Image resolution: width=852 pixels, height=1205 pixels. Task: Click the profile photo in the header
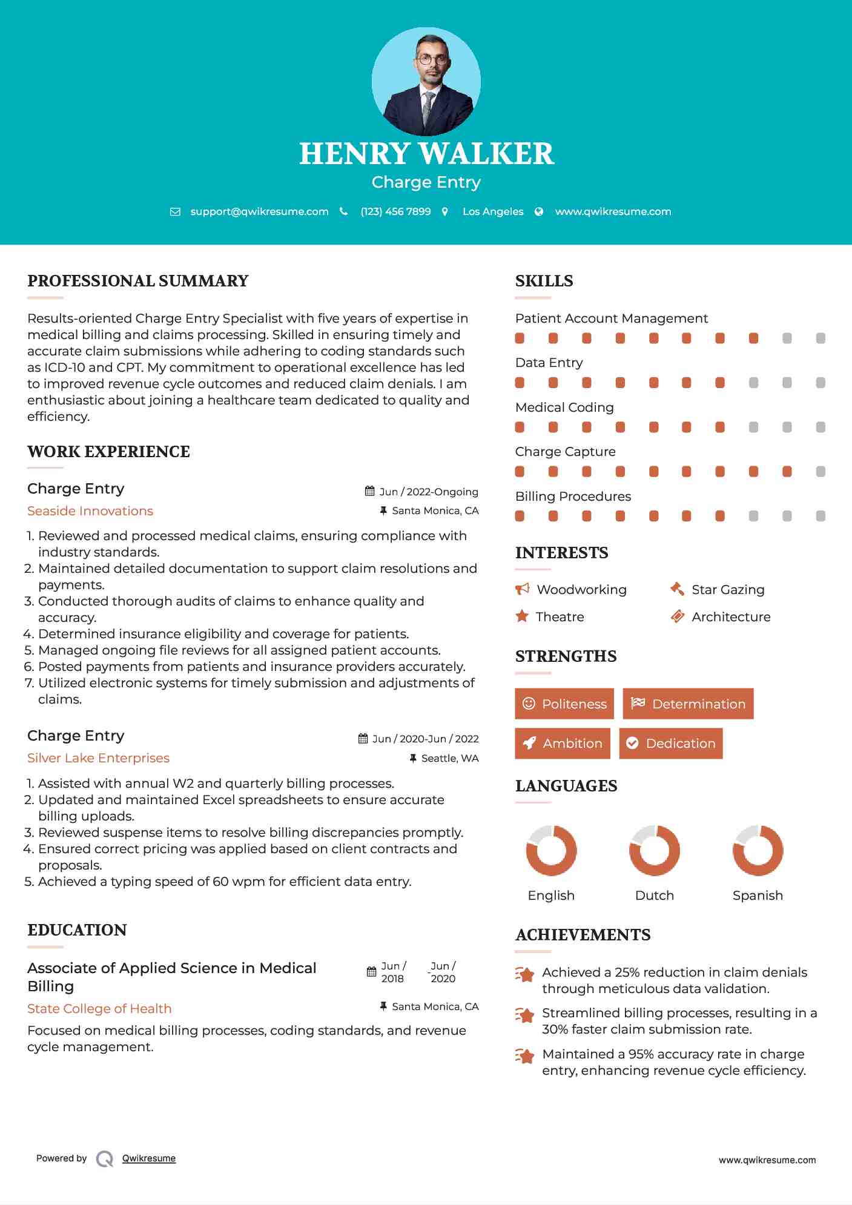point(426,81)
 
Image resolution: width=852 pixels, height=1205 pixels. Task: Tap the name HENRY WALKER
point(426,154)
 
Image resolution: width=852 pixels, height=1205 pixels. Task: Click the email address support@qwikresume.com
point(259,211)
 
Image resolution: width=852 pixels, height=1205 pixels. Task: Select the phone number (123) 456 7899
point(395,211)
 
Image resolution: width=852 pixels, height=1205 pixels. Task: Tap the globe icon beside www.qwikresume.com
point(539,211)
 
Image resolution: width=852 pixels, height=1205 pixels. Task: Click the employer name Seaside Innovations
point(90,511)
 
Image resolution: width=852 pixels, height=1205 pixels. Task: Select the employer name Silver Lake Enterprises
point(98,758)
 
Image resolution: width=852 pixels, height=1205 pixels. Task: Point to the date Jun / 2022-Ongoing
point(429,492)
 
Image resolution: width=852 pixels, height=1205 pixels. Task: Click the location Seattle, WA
point(449,758)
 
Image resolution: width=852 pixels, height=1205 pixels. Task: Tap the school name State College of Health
point(99,1009)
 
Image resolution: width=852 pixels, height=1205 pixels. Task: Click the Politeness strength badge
point(564,704)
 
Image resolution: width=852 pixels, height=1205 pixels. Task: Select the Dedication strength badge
point(671,744)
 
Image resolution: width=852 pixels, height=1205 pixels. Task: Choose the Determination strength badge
point(688,704)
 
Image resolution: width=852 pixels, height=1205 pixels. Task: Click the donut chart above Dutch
point(655,850)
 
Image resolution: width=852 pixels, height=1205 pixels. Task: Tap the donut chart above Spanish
point(758,850)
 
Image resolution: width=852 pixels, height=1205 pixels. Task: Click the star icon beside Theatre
point(522,616)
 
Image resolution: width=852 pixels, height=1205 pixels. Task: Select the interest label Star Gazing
point(728,590)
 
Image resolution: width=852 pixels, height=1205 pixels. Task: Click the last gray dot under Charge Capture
point(821,472)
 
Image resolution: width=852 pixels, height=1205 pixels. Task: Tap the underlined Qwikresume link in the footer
point(149,1158)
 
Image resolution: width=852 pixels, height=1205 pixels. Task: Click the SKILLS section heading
point(544,281)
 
